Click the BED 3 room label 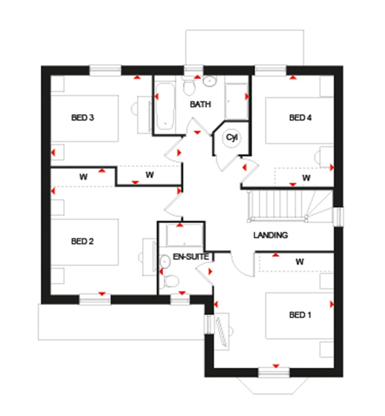coord(82,118)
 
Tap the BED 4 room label coord(300,118)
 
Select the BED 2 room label coord(82,241)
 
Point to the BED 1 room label coord(300,315)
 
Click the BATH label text coord(200,104)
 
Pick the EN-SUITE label coord(185,257)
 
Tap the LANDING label coord(270,235)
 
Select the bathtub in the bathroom coord(165,106)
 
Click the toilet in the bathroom coord(189,87)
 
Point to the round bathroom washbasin coord(209,81)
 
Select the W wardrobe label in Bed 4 coord(306,178)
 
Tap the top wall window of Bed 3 coord(105,71)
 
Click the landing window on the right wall coord(338,217)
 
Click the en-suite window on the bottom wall coord(180,299)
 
